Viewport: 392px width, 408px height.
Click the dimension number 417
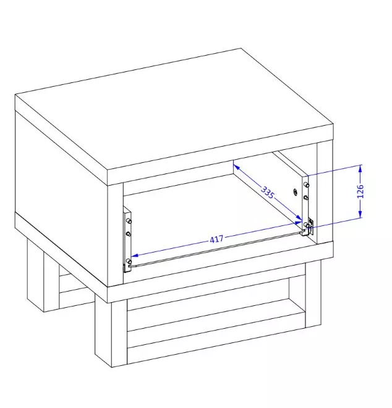pos(216,239)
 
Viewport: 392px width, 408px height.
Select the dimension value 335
pos(268,192)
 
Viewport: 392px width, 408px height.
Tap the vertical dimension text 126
pos(360,191)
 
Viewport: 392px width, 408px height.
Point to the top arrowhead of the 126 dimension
pos(360,168)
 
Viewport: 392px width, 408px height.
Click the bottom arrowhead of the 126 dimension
pos(360,214)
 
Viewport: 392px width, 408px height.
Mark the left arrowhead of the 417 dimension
pos(135,255)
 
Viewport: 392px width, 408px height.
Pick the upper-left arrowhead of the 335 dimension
pos(236,167)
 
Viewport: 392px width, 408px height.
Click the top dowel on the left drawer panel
pos(129,221)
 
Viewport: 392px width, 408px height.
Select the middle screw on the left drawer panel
pos(128,233)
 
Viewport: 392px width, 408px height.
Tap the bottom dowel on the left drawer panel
pos(129,261)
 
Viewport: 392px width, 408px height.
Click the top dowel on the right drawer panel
pos(306,185)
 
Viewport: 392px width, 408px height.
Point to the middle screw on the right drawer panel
pos(306,197)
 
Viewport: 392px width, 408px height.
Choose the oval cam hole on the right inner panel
pos(296,192)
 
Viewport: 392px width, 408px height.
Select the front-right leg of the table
pos(313,294)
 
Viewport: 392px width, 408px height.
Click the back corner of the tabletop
pos(241,48)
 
